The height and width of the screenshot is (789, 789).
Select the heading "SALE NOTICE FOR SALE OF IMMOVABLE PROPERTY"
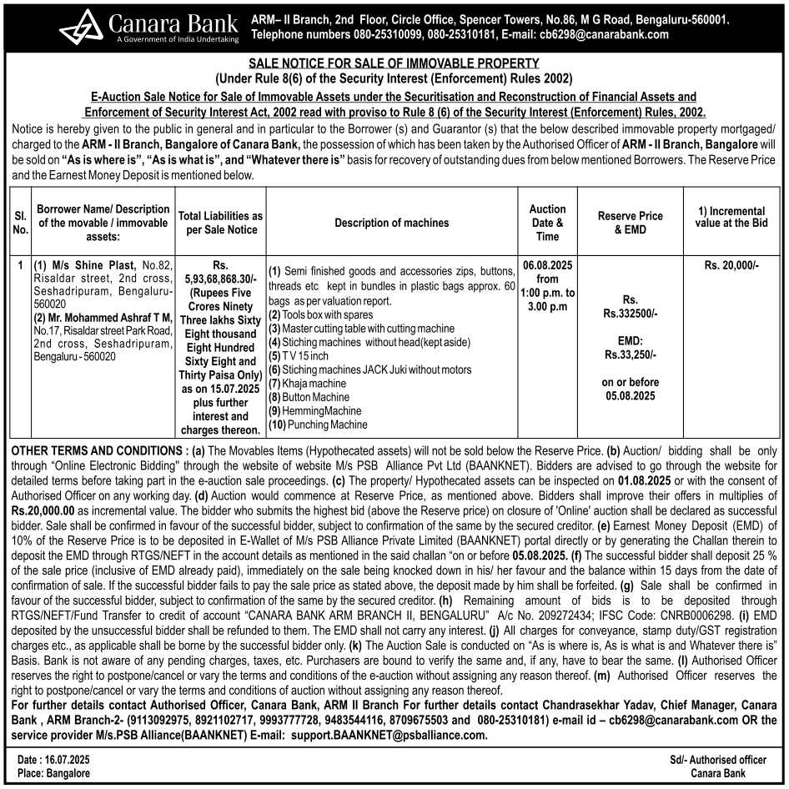[394, 63]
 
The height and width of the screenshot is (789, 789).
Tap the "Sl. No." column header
[20, 222]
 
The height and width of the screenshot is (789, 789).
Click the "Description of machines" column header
[391, 223]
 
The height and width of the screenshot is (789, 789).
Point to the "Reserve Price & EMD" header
[630, 222]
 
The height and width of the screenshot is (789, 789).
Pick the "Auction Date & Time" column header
[547, 222]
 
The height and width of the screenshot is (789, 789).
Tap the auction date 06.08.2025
[547, 264]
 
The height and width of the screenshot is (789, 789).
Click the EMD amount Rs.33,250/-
[630, 354]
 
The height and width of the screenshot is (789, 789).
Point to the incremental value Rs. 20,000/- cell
[731, 264]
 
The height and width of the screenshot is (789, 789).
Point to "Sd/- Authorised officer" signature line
[717, 760]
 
